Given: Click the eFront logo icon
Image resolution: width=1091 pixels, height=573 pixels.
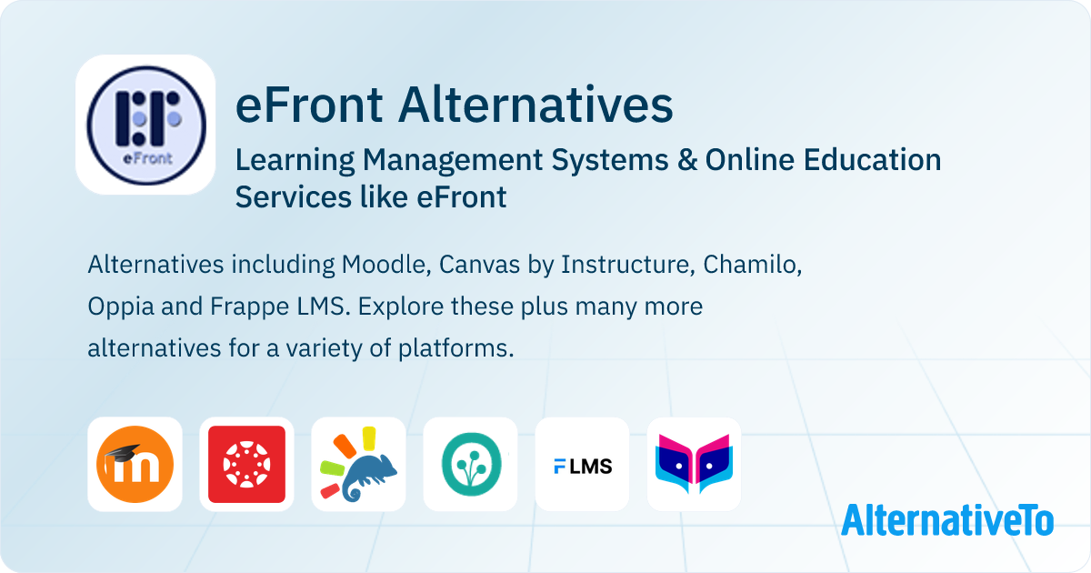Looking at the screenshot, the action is [145, 125].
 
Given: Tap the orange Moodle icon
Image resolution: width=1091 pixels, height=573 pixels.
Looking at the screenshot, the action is [135, 464].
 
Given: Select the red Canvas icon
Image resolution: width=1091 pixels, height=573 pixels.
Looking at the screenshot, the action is [246, 464].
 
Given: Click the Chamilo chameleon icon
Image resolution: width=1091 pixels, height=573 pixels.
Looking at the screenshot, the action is [358, 464].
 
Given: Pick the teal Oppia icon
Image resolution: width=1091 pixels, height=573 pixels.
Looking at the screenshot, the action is [471, 464].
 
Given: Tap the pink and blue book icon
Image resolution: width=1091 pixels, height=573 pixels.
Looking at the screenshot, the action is [694, 464].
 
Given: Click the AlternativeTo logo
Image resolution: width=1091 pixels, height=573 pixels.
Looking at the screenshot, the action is [947, 520].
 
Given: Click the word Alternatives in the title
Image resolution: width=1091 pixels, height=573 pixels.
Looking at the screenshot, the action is [535, 105].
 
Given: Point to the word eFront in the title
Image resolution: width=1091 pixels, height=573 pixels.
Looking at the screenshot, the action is [309, 105].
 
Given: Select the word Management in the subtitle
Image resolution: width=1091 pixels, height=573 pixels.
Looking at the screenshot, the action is [453, 160].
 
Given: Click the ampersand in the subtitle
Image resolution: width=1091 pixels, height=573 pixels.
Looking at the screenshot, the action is [686, 160].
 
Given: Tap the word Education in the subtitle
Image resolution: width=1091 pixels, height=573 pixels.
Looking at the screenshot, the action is [872, 160].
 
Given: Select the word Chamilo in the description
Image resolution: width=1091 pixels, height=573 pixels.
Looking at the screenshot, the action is [752, 265].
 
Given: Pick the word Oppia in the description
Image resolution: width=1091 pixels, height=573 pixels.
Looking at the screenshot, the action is [121, 307].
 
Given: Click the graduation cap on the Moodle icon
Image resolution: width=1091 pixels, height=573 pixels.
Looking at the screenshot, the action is [123, 453].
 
